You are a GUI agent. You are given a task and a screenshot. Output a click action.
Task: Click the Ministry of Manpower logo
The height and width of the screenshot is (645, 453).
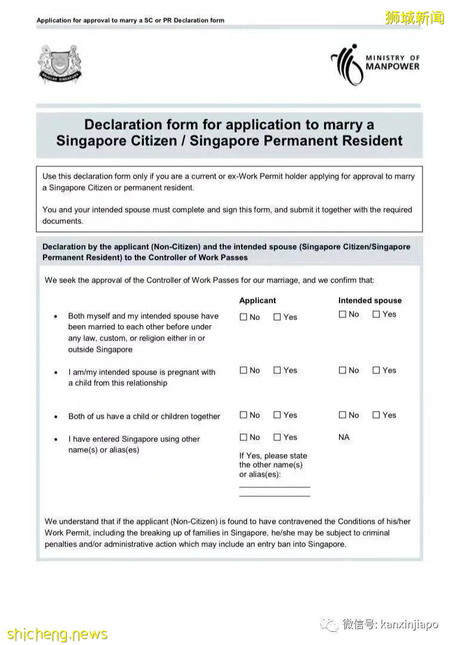[375, 63]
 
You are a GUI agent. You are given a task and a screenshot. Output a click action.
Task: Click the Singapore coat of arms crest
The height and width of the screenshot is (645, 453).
[60, 63]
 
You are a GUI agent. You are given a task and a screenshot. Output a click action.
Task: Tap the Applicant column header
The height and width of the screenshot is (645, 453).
[257, 300]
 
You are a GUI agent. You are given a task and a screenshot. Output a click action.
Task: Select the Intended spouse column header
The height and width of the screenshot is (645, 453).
[369, 300]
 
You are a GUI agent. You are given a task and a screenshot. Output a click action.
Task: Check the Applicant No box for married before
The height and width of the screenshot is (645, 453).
[244, 317]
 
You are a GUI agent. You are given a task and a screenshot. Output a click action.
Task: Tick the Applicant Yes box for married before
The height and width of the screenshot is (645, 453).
[277, 317]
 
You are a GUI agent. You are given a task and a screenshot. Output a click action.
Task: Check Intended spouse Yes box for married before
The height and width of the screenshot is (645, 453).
[376, 314]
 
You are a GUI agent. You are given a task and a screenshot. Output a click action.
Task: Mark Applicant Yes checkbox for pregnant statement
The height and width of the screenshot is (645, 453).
[277, 370]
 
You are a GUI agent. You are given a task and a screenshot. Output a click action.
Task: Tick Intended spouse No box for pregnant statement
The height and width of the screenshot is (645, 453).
[343, 370]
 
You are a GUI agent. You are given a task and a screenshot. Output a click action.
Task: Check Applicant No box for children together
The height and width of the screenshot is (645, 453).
[244, 415]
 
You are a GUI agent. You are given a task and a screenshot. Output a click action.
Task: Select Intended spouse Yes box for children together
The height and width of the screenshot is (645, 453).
[376, 415]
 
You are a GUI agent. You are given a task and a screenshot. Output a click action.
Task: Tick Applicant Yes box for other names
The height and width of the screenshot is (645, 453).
[277, 437]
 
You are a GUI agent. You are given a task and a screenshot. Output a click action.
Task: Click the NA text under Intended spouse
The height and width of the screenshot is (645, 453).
[344, 437]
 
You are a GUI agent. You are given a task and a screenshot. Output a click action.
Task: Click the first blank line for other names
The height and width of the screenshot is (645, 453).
[275, 486]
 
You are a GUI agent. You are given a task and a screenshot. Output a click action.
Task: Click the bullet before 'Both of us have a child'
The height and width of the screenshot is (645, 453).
[56, 417]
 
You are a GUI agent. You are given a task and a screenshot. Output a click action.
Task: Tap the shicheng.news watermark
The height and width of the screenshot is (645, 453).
[57, 634]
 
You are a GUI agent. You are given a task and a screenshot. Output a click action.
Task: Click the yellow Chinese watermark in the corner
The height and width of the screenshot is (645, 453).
[414, 18]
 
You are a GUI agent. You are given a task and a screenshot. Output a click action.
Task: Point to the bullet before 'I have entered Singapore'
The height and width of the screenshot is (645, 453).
[56, 440]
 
